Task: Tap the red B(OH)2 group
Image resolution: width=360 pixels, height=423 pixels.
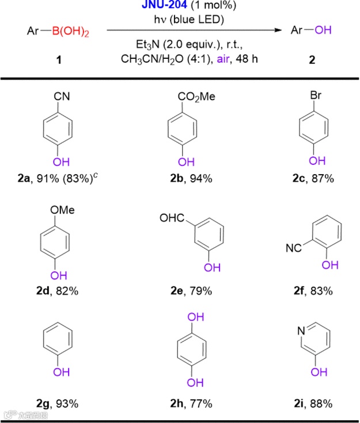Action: (71, 30)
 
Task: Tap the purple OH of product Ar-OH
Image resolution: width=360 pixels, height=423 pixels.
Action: (323, 30)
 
